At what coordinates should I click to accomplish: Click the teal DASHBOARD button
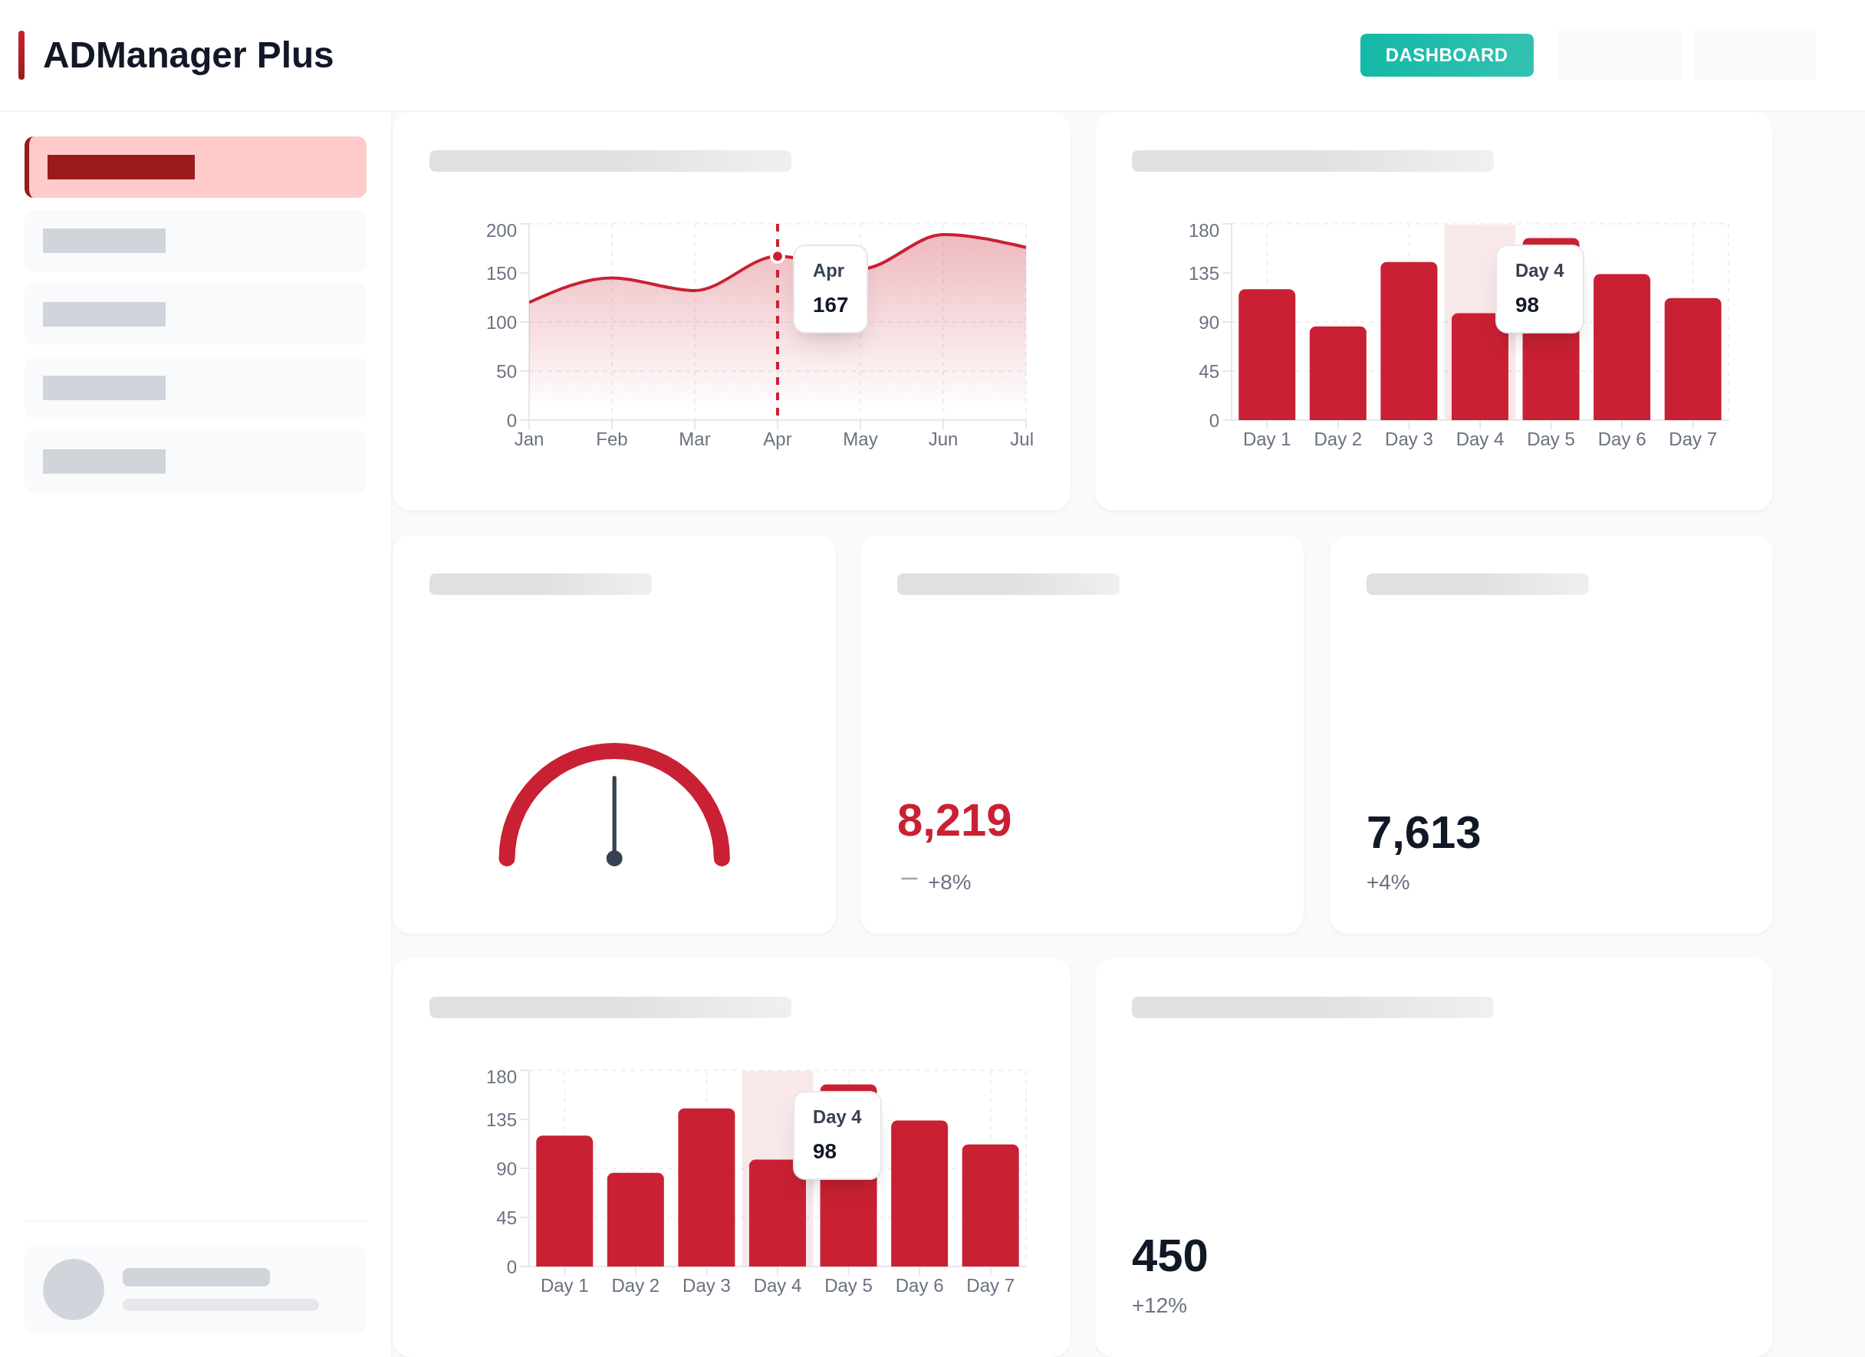[1446, 55]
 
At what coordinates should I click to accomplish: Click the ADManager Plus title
[187, 55]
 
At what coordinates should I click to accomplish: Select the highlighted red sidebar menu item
[196, 167]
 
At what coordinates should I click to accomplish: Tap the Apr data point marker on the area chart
[777, 256]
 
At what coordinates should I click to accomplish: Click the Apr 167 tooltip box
[830, 288]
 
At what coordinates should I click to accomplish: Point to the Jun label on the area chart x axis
[942, 440]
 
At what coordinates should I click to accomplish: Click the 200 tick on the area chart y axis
[501, 231]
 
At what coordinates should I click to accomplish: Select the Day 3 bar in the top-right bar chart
[1409, 341]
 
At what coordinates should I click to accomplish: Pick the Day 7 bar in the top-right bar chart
[1692, 359]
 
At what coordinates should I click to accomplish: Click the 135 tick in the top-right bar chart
[1203, 274]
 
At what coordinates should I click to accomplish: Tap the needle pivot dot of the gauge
[614, 859]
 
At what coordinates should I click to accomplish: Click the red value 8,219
[954, 820]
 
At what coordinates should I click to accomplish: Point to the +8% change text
[949, 882]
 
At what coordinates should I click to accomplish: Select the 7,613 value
[1423, 833]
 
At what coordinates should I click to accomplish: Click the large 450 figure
[1169, 1256]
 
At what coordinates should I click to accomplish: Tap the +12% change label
[1159, 1305]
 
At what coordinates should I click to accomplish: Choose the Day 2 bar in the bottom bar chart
[636, 1220]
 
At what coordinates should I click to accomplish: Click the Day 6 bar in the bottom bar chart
[919, 1194]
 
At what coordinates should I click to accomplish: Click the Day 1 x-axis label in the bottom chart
[564, 1286]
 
